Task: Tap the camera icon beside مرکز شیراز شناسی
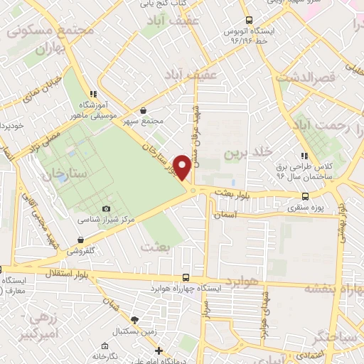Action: click(107, 208)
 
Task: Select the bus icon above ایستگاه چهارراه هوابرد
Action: click(186, 278)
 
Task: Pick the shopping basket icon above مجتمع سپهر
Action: click(144, 110)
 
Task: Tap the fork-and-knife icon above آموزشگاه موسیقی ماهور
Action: click(92, 93)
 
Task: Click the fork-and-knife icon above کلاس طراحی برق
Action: click(304, 155)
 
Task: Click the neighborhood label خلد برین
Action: click(248, 153)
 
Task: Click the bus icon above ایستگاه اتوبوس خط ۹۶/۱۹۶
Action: click(248, 21)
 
